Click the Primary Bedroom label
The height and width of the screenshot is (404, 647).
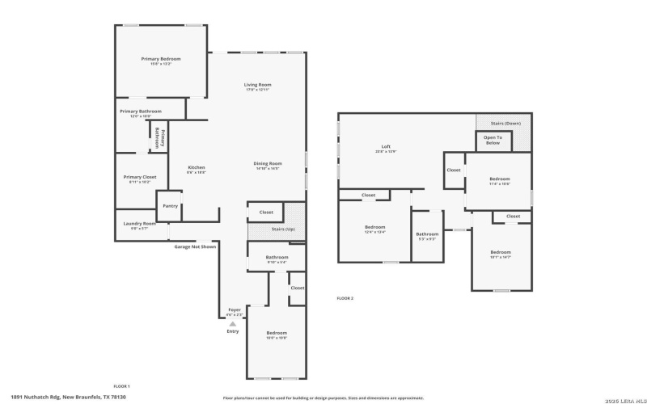pos(160,59)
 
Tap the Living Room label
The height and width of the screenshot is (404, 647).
pos(258,85)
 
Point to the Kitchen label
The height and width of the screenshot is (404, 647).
pos(197,168)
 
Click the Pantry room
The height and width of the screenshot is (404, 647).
pos(170,206)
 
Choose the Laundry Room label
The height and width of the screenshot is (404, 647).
pos(138,224)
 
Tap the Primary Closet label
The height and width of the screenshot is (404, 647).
pos(140,177)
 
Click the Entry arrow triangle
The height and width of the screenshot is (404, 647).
pos(233,323)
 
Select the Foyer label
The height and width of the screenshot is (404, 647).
pos(235,310)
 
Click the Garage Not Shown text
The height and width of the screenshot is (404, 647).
pos(195,246)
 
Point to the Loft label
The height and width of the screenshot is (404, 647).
pos(386,147)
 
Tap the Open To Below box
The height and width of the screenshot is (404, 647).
pos(493,140)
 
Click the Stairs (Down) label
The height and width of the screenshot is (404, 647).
pos(506,124)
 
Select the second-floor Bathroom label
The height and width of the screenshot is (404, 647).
pos(427,234)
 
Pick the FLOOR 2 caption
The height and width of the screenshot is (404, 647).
pos(345,298)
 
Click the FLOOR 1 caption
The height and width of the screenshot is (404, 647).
pos(121,387)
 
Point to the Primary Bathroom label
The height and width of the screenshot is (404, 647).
pos(140,112)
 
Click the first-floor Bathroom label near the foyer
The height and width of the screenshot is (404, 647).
pos(266,258)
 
